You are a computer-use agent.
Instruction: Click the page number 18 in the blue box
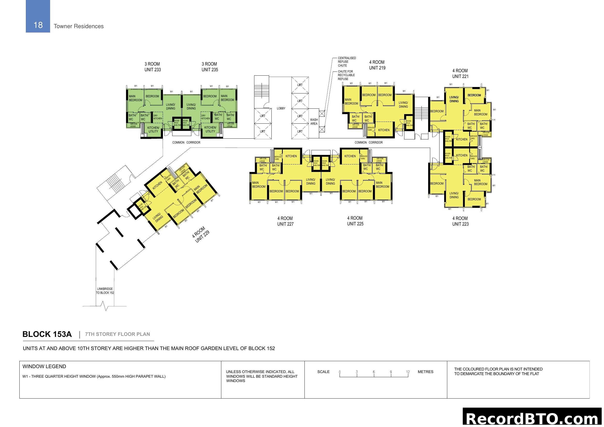pos(38,25)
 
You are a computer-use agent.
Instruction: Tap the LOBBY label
pos(281,108)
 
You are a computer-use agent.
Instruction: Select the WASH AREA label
pos(314,122)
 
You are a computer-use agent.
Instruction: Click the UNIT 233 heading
pos(152,70)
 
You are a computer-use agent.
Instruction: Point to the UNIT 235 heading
pos(210,70)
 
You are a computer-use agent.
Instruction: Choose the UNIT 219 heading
pos(377,68)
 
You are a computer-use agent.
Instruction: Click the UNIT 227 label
pos(285,224)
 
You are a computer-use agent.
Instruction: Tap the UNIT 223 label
pos(460,224)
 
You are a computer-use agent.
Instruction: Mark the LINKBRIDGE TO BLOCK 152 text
pos(105,291)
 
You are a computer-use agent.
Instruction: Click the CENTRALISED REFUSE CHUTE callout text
pos(347,62)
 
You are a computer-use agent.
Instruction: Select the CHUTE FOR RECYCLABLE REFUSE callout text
pos(346,75)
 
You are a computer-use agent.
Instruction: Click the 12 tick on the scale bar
pos(408,372)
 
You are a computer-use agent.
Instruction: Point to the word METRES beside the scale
pos(425,372)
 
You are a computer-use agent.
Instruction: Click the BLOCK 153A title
pos(47,334)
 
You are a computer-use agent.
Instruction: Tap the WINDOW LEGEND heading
pos(44,367)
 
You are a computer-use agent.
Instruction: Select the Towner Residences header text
pos(79,26)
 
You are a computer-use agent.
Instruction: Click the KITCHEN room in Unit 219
pos(383,130)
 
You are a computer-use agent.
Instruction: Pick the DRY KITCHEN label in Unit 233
pos(157,117)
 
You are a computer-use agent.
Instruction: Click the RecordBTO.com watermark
pos(533,418)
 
